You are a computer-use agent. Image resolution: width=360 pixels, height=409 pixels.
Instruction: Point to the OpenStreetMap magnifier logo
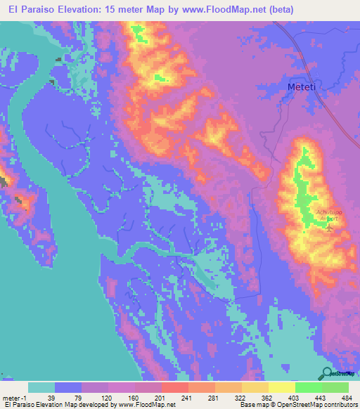328,373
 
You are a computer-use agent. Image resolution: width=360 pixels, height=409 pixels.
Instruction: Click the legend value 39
51,398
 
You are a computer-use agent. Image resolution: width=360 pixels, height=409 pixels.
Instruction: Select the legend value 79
79,398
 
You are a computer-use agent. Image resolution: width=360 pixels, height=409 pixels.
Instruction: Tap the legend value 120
107,398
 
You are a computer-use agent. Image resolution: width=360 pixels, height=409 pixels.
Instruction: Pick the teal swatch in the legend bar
41,387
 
